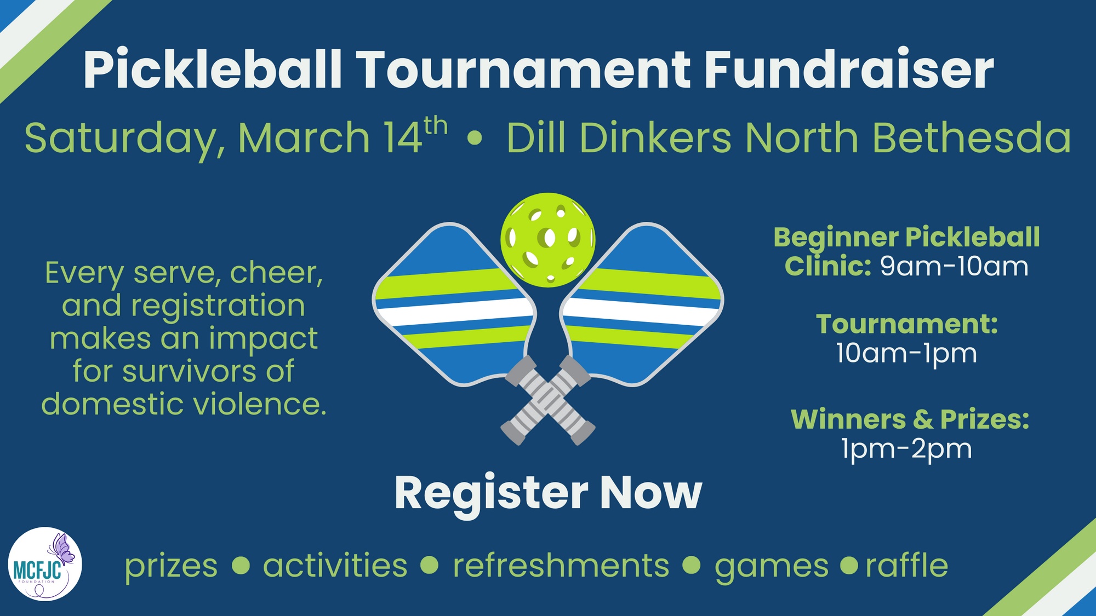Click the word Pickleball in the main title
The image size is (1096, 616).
(x=213, y=70)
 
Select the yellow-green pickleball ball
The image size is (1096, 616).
(x=547, y=239)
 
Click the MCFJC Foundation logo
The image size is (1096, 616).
(x=45, y=564)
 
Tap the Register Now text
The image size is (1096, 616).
(x=548, y=493)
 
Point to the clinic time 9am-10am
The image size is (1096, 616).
(x=954, y=267)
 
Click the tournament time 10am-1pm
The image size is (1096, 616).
(x=906, y=353)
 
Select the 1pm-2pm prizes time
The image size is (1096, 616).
(x=906, y=449)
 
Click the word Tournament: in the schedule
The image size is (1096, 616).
(x=907, y=324)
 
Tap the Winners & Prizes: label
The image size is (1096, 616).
(x=910, y=419)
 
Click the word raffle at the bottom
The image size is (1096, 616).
(x=907, y=565)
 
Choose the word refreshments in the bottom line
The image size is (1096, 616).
(x=561, y=565)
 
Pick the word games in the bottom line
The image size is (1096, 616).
(x=771, y=566)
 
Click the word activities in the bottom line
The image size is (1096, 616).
(x=335, y=565)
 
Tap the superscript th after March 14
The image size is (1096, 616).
(x=436, y=127)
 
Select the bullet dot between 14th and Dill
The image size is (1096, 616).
(x=475, y=139)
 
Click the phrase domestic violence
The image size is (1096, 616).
(x=184, y=404)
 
